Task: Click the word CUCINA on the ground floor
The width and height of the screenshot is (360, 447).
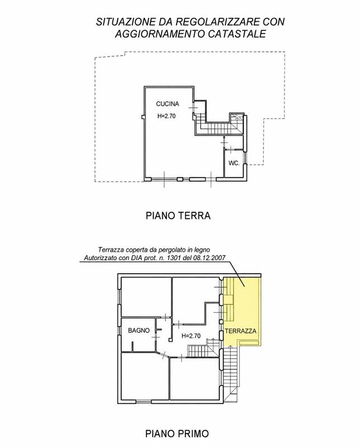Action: pyautogui.click(x=168, y=104)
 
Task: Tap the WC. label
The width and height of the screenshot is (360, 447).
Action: pyautogui.click(x=234, y=163)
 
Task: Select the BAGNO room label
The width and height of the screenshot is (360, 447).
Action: pyautogui.click(x=139, y=330)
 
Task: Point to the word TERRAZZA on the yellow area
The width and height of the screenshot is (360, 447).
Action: pyautogui.click(x=240, y=331)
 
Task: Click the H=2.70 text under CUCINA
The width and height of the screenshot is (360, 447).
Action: pyautogui.click(x=167, y=116)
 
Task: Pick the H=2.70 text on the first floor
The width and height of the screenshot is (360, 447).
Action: pyautogui.click(x=191, y=336)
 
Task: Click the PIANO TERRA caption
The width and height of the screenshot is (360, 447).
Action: pyautogui.click(x=178, y=216)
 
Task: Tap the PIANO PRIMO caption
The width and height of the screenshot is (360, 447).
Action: pyautogui.click(x=177, y=434)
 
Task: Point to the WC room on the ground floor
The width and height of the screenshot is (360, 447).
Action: pyautogui.click(x=233, y=163)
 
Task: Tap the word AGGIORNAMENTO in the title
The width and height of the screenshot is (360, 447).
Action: pyautogui.click(x=160, y=34)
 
